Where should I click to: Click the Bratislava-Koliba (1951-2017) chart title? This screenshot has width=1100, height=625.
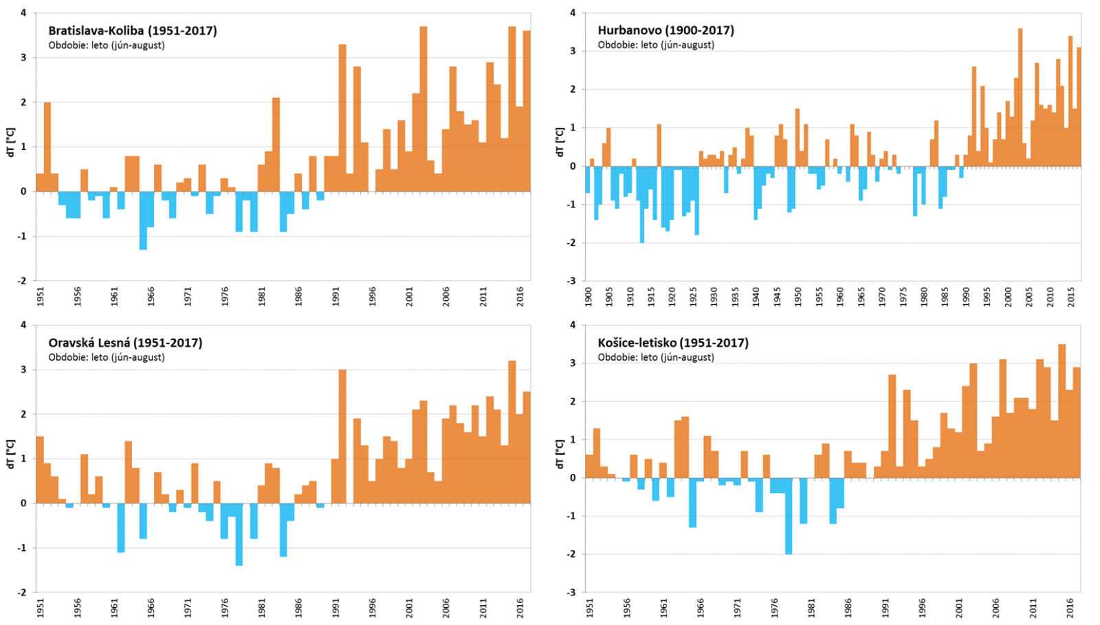coord(132,31)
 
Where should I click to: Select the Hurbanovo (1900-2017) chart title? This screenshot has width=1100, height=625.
coord(665,30)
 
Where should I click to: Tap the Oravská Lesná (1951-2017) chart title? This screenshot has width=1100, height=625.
coord(125,343)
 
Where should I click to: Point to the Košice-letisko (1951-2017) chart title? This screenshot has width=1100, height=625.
coord(672,343)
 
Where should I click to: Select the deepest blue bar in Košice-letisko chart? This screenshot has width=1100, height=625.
coord(789,516)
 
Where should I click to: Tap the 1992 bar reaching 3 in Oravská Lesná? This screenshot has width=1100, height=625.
coord(342,437)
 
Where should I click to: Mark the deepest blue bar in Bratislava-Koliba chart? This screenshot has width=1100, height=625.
coord(143,220)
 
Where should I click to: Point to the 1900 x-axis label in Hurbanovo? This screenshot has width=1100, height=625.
coord(588,297)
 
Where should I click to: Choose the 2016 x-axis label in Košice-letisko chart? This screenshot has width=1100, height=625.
coord(1070,608)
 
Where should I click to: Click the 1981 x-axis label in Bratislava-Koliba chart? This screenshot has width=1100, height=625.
coord(262,297)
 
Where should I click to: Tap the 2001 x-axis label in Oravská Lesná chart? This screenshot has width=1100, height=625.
coord(410,608)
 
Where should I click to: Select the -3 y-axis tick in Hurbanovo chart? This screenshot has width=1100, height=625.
coord(572,281)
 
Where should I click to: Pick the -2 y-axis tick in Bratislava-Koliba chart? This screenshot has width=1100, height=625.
coord(23,281)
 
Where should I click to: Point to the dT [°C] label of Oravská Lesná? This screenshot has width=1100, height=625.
coord(10,455)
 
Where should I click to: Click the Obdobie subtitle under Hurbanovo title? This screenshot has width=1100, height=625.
coord(656,45)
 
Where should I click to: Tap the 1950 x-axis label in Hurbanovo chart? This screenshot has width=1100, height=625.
coord(798,297)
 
